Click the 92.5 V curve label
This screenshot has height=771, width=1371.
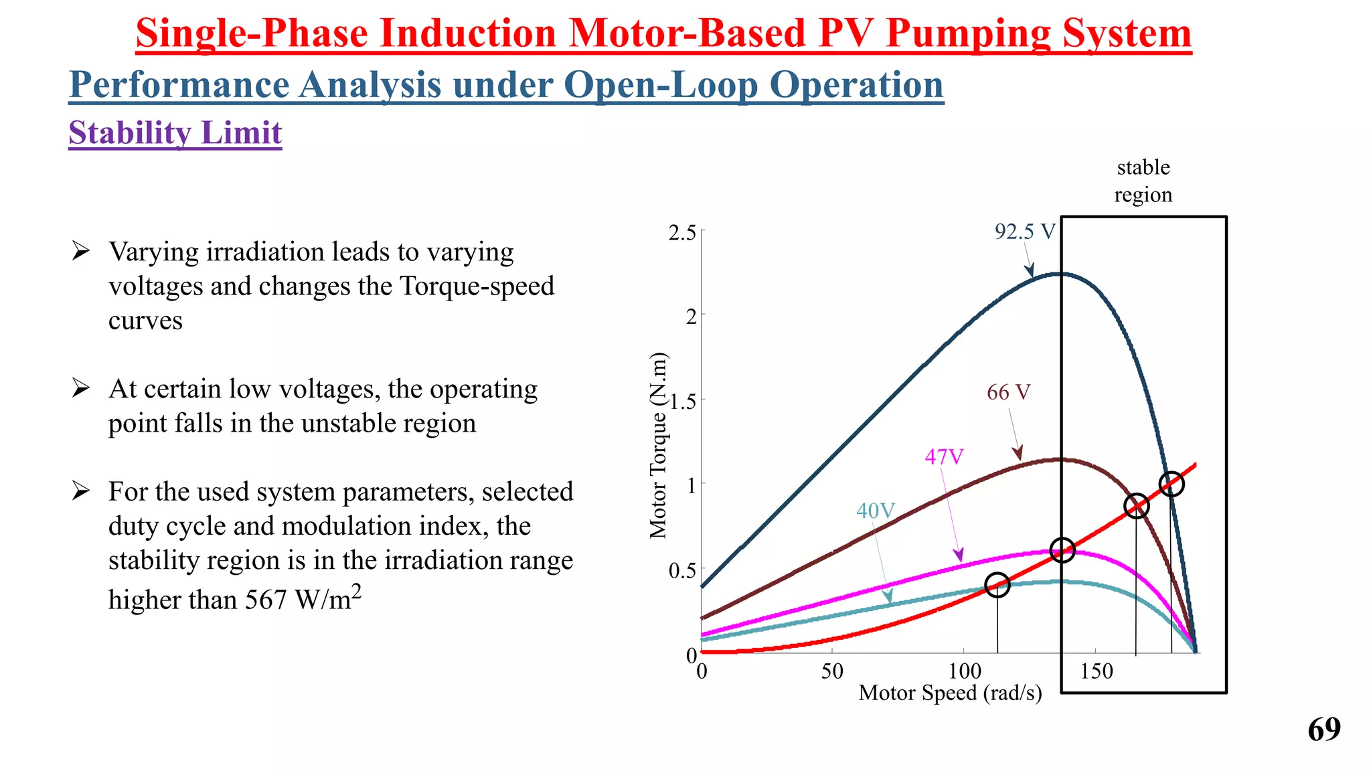1024,232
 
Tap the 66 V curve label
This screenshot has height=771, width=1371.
1008,392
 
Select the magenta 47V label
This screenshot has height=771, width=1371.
944,457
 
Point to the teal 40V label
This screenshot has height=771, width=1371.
875,511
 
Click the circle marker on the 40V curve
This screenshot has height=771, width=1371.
997,585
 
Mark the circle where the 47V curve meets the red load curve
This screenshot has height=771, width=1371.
1062,550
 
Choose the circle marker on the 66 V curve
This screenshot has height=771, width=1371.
1136,506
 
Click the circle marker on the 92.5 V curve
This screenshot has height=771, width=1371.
1172,484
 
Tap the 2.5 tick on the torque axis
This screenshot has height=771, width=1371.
682,233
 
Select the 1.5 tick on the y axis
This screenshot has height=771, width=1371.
682,402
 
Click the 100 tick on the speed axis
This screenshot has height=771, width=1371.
965,671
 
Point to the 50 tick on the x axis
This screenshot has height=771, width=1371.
832,671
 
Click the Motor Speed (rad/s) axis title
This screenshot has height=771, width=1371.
950,693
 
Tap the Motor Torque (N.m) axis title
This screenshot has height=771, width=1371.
659,445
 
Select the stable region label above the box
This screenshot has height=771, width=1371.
1143,181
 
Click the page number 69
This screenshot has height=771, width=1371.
1324,730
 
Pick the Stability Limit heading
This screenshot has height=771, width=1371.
175,133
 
